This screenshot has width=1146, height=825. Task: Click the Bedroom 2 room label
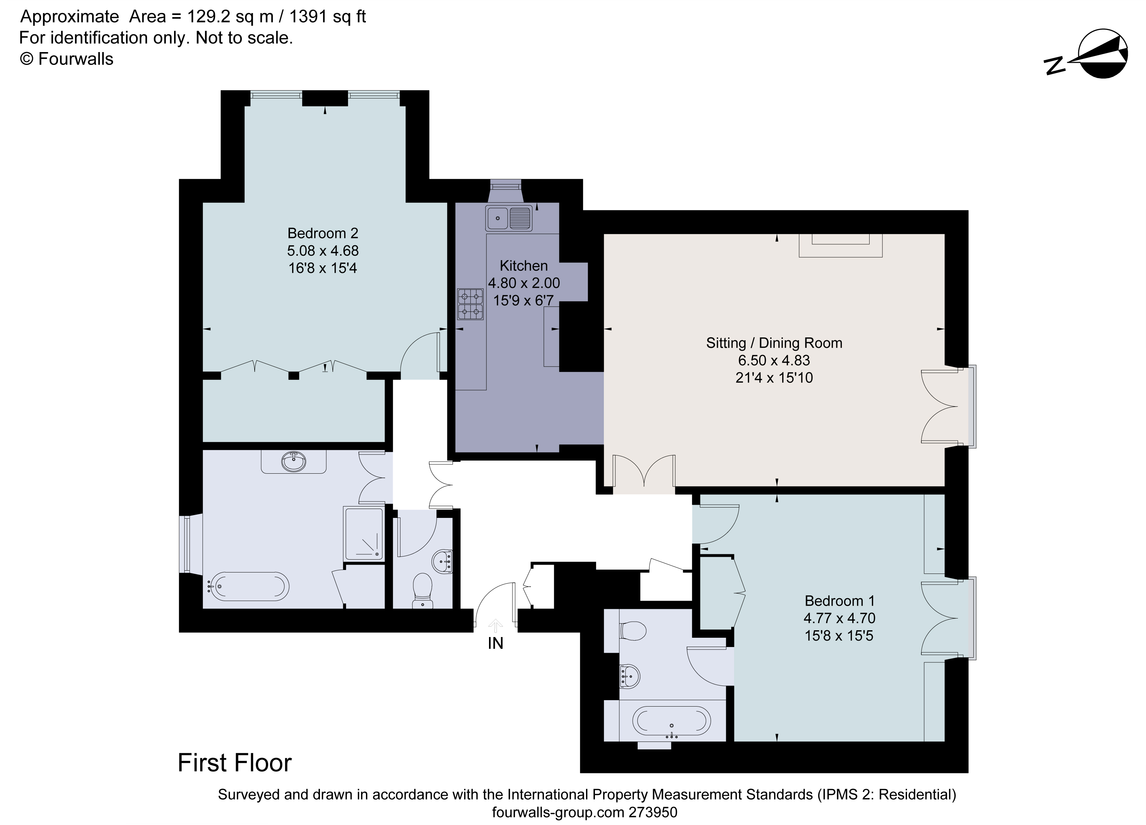click(x=322, y=233)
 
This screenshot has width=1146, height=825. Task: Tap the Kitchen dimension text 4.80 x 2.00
click(x=524, y=283)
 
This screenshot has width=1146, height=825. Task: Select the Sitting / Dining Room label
click(x=774, y=343)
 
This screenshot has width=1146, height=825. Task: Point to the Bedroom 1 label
click(x=839, y=601)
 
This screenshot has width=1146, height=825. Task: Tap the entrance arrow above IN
click(x=495, y=626)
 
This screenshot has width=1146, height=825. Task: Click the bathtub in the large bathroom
click(x=249, y=586)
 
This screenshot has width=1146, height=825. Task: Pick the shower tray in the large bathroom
click(x=364, y=534)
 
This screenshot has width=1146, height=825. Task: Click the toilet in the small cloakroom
click(x=422, y=590)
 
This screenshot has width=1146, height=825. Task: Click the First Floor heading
click(x=234, y=763)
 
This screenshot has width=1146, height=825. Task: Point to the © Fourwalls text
click(x=66, y=59)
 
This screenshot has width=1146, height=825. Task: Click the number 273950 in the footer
click(x=652, y=813)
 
